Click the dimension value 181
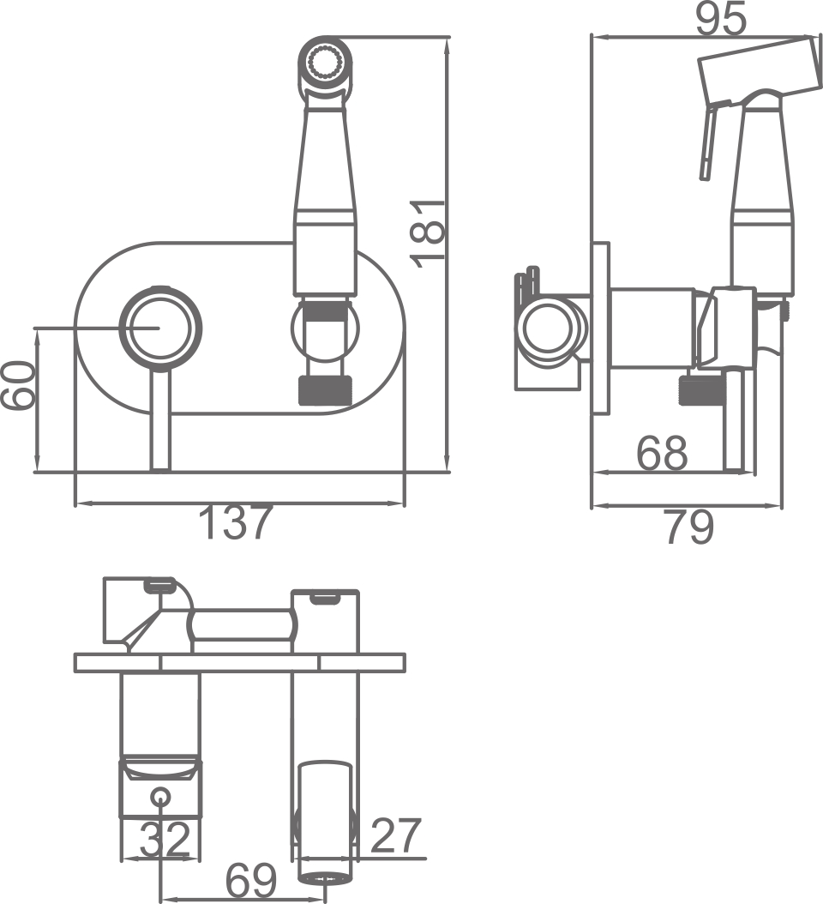[x=429, y=233]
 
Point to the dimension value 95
[x=720, y=18]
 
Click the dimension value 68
[x=662, y=452]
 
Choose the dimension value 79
[x=688, y=528]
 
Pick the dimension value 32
[x=164, y=840]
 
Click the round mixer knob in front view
[x=160, y=328]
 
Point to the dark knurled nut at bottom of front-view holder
[x=325, y=390]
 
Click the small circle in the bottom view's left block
[x=160, y=797]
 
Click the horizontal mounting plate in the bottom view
[x=239, y=662]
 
